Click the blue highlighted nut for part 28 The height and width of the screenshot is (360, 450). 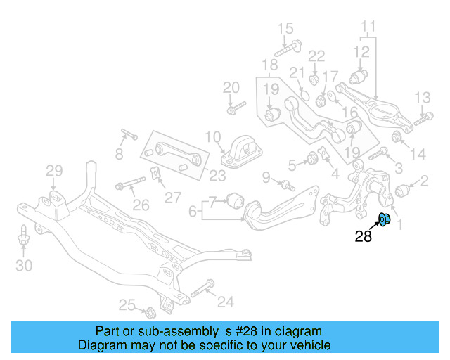385,220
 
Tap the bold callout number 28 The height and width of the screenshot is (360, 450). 363,237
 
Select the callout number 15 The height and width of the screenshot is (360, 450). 285,29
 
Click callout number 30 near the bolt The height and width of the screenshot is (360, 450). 24,265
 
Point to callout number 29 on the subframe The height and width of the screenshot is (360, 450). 55,170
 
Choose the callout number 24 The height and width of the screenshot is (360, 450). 225,302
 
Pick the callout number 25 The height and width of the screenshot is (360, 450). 127,304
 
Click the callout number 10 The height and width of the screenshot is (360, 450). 213,136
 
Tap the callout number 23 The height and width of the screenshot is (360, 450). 218,176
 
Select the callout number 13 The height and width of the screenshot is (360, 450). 422,97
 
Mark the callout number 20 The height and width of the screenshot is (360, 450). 231,88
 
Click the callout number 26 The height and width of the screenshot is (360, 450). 141,205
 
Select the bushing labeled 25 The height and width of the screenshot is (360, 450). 150,310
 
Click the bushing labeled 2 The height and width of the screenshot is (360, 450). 403,190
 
